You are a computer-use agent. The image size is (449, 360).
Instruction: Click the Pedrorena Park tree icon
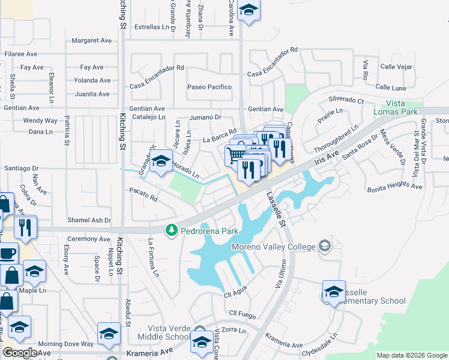171,230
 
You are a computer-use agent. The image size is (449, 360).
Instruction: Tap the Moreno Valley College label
274,247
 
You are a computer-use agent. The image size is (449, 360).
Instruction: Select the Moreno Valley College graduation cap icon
324,246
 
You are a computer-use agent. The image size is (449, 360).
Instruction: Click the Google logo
20,353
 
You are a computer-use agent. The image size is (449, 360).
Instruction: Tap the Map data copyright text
411,355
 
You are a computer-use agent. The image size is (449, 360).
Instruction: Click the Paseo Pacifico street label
209,87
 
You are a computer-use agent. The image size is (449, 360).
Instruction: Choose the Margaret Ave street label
92,41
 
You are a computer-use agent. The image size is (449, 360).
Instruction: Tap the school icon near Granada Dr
160,161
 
